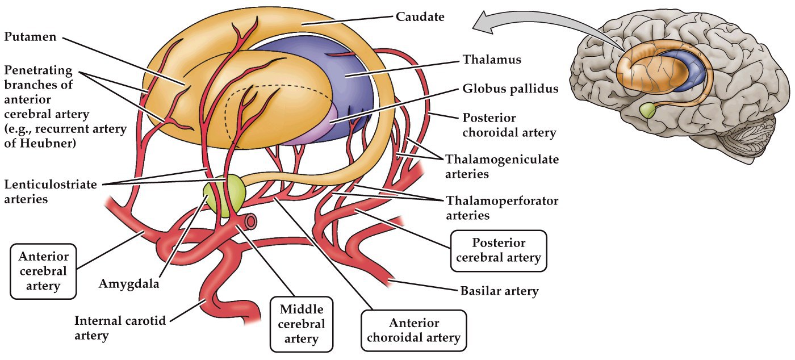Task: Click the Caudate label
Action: tap(420, 17)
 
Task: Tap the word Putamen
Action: tap(30, 37)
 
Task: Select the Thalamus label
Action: tap(492, 59)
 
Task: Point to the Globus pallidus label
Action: tap(510, 89)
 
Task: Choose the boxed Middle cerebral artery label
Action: tap(302, 324)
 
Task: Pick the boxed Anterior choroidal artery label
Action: tap(413, 330)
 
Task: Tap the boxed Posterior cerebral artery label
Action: tap(497, 250)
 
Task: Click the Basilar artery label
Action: tap(499, 291)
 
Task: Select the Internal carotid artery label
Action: tap(120, 328)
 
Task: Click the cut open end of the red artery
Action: tap(248, 220)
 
